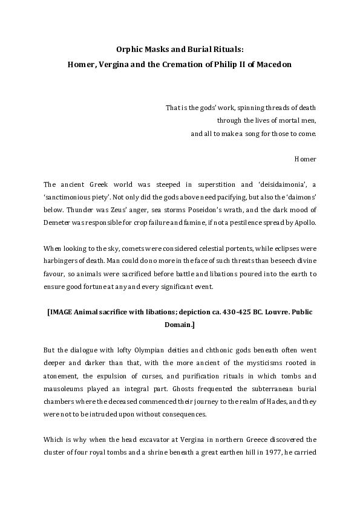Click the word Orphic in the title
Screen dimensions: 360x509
coord(128,50)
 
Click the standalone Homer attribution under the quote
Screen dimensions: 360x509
coord(305,159)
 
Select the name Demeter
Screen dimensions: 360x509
coord(57,222)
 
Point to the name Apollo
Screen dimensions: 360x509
coord(303,222)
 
